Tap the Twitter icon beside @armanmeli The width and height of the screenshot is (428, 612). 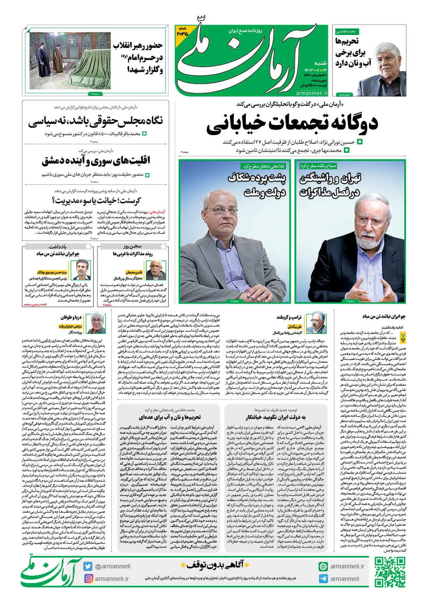[88, 566]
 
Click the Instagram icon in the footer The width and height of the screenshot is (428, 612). [88, 578]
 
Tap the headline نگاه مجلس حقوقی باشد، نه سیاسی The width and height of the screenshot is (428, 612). [96, 122]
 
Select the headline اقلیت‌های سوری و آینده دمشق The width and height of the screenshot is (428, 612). [96, 161]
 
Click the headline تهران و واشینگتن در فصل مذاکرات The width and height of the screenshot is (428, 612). [330, 186]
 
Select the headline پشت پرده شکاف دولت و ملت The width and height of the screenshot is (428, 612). [257, 186]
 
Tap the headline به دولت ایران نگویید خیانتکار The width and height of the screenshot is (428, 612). [275, 417]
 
